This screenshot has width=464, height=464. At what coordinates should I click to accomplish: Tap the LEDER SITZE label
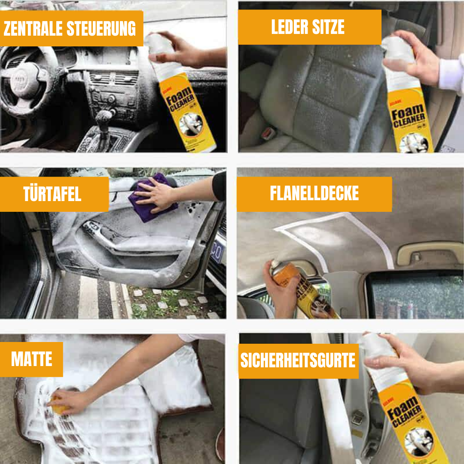308,27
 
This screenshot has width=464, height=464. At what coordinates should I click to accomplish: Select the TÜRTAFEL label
53,194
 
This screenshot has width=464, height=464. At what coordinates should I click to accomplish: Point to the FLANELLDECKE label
314,194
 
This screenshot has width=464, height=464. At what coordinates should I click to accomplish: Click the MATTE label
31,359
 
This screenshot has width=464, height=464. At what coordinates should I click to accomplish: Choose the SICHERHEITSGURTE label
298,360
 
